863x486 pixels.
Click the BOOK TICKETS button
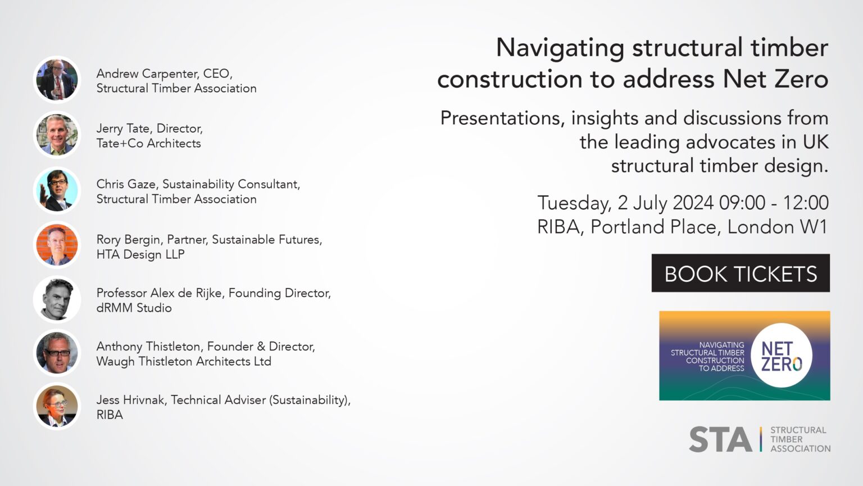(740, 273)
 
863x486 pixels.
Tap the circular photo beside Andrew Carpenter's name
(57, 80)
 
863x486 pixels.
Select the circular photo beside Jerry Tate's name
(57, 135)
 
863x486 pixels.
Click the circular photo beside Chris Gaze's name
(57, 191)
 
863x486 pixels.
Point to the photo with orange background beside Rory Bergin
(57, 245)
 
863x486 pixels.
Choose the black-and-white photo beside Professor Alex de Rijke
(57, 299)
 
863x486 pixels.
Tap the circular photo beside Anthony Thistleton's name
(57, 353)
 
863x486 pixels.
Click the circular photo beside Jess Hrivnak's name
(57, 406)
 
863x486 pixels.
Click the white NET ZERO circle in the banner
(781, 355)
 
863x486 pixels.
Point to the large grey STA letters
(720, 439)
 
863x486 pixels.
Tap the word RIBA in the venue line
(558, 227)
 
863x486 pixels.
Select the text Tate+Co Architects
(148, 143)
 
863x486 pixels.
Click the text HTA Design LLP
(140, 254)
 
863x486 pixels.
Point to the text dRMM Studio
(134, 308)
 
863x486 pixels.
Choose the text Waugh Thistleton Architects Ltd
(184, 361)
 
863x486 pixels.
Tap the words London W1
(778, 227)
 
